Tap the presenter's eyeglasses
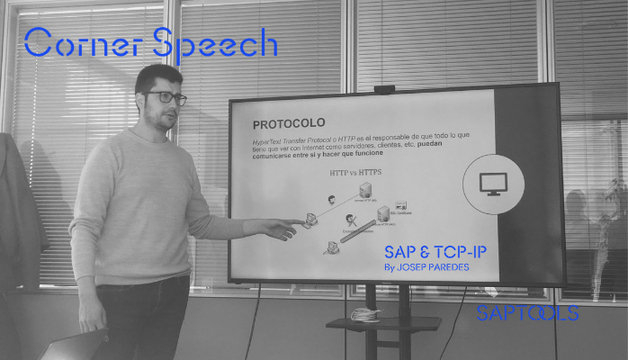[168, 97]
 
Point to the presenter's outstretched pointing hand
[283, 229]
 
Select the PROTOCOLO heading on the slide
[288, 123]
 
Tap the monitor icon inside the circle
[492, 183]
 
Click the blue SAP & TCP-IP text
[435, 251]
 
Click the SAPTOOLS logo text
[527, 313]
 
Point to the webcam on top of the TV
[384, 89]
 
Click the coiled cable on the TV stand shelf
[364, 314]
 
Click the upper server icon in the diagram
[366, 191]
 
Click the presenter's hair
[157, 76]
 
